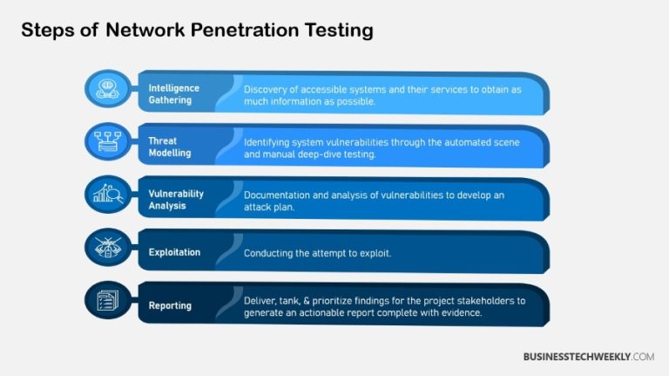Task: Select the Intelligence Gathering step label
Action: [x=174, y=94]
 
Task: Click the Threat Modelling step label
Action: [x=171, y=146]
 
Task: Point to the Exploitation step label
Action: [x=174, y=252]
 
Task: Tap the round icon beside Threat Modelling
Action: [x=107, y=142]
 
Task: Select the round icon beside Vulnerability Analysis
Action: [x=107, y=195]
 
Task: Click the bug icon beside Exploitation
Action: [x=107, y=249]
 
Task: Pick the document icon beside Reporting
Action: [x=107, y=302]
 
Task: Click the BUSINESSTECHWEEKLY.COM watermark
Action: [x=588, y=357]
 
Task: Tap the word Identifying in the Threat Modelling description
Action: [x=271, y=141]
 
